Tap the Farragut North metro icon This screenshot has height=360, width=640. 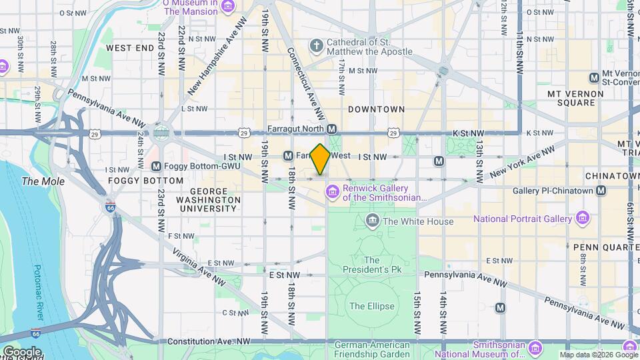(332, 129)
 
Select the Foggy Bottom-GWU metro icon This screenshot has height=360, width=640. (156, 166)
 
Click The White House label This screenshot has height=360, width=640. (418, 221)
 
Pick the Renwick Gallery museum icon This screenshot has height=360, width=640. (332, 193)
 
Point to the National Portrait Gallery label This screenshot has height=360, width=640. (522, 219)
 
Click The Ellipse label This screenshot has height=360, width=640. (372, 307)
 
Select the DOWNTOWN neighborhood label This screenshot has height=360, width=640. (376, 109)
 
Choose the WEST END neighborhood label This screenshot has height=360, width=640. (129, 48)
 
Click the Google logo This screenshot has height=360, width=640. (22, 351)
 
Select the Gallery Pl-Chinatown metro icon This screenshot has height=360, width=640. (601, 191)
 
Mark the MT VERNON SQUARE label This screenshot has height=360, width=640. (571, 98)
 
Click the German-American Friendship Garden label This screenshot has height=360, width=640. (372, 349)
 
